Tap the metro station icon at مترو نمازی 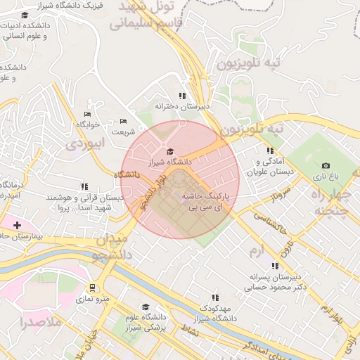pos(92,288)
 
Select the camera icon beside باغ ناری pos(326,165)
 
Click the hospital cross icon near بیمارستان pos(17,225)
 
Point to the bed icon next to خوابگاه pos(88,114)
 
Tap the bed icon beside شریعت pos(123,121)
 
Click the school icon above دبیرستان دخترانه pos(182,96)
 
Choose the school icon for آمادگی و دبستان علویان pos(270,150)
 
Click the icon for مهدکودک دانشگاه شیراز pos(215,297)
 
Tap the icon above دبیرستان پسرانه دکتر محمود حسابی pos(275,266)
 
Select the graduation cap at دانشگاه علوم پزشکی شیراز pos(146,307)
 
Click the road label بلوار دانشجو pos(154,190)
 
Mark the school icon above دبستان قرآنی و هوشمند pos(84,187)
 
